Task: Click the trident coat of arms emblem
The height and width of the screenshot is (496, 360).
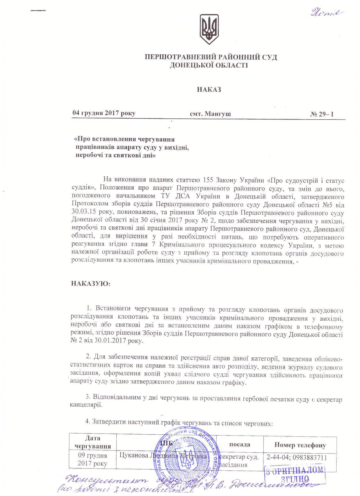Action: click(209, 29)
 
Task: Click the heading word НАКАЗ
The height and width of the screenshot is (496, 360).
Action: click(209, 90)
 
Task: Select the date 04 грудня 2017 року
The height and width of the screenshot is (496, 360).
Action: click(104, 114)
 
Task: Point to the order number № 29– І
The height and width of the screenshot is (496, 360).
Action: click(322, 114)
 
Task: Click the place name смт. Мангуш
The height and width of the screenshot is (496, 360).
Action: click(210, 114)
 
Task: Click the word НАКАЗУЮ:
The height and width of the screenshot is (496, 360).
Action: click(90, 284)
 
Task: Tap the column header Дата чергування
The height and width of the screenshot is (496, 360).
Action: click(93, 442)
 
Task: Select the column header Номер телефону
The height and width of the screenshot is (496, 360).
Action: click(300, 445)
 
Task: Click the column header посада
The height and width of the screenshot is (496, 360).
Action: click(240, 444)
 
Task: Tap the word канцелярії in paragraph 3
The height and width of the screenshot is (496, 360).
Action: click(86, 405)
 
